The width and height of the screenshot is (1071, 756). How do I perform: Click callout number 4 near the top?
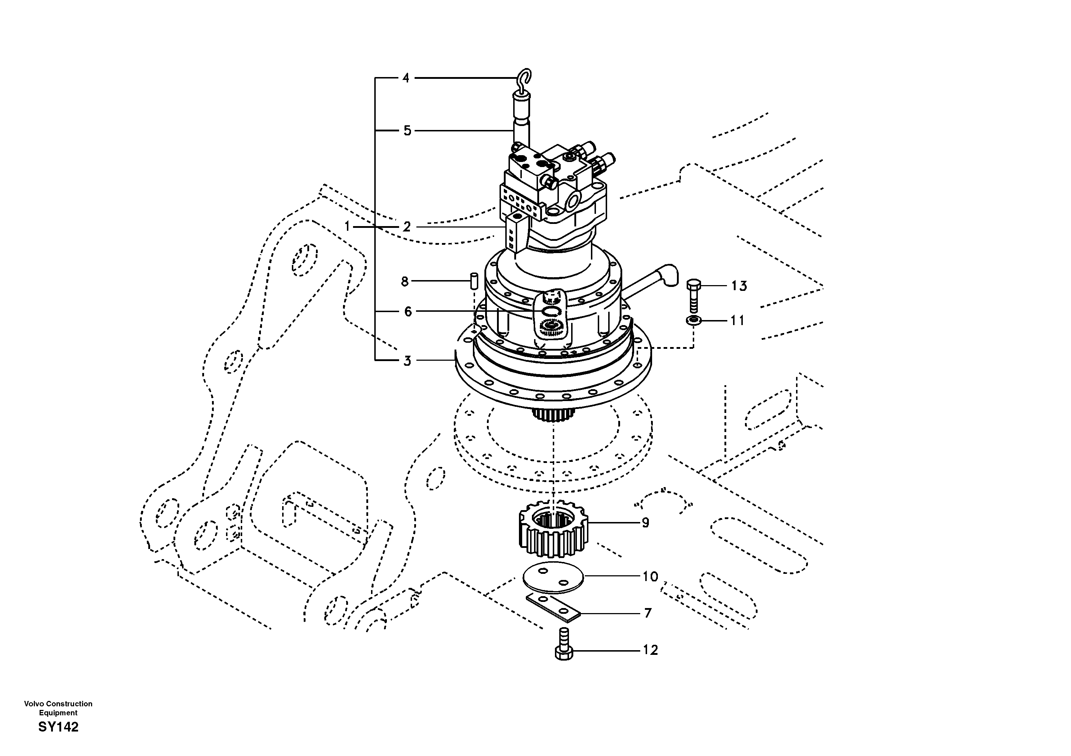point(406,78)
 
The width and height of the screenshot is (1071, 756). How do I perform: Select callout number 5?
point(407,131)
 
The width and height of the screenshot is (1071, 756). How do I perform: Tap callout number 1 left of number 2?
point(347,227)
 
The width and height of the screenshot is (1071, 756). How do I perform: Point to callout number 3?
point(407,361)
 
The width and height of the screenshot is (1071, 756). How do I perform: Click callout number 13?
point(739,285)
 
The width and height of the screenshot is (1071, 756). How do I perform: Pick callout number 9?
point(645,523)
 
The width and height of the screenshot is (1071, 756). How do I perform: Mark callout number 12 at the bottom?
point(650,650)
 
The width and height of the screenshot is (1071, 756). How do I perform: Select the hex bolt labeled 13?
point(693,296)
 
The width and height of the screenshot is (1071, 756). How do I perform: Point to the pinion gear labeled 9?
point(553,529)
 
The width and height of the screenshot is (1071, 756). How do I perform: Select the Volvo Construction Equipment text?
point(58,708)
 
